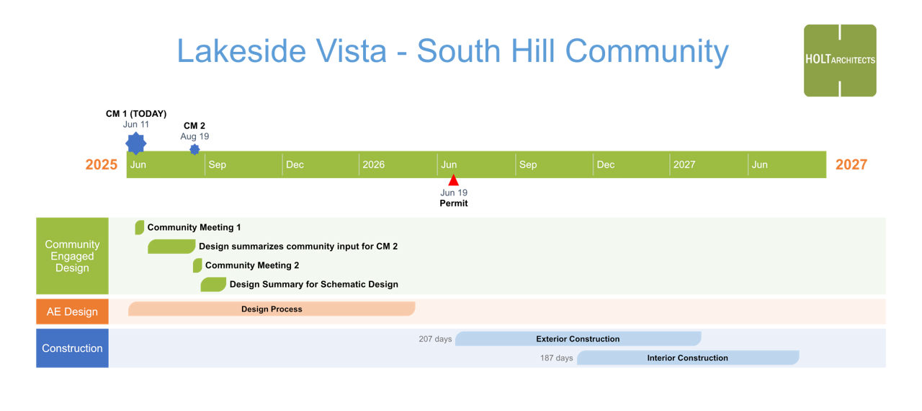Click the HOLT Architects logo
click(x=840, y=61)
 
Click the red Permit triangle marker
click(x=453, y=180)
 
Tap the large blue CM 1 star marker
click(x=136, y=143)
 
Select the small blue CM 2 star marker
click(x=194, y=149)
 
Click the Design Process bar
click(x=272, y=309)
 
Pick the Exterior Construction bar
click(x=578, y=338)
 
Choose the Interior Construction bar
click(x=688, y=358)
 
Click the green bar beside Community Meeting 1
click(x=140, y=227)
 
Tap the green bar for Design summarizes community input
click(x=171, y=247)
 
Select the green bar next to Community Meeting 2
click(x=197, y=265)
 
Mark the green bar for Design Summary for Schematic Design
click(x=213, y=284)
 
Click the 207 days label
click(x=435, y=339)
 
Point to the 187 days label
click(x=557, y=358)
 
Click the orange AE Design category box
click(x=73, y=311)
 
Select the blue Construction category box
click(x=73, y=348)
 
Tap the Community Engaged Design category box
click(x=73, y=256)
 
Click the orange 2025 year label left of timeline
click(x=102, y=164)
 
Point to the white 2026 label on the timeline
click(x=373, y=164)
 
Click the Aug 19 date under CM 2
click(x=194, y=136)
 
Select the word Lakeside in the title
click(x=241, y=51)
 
